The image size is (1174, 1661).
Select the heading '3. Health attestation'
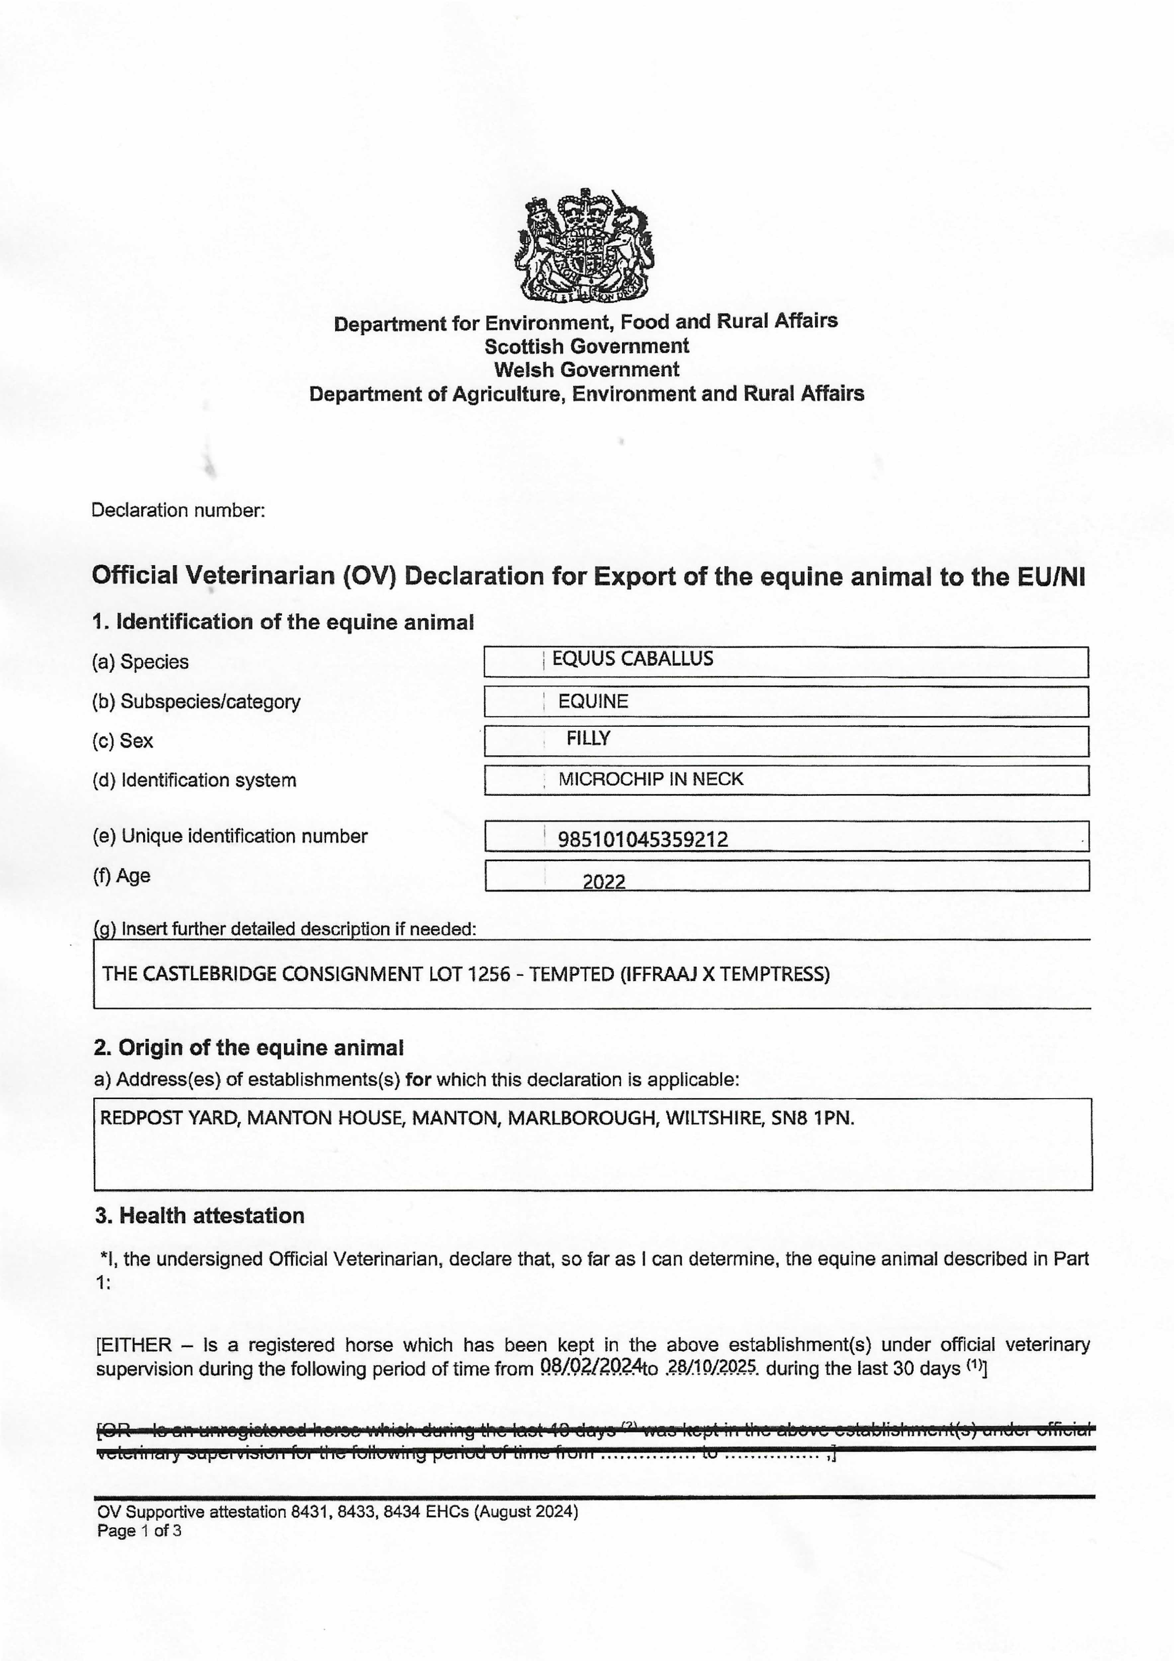[x=200, y=1216]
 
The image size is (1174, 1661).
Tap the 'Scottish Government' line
[x=587, y=346]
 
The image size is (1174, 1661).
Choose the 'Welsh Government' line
[x=587, y=370]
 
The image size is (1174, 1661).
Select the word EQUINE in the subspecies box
[x=593, y=701]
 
